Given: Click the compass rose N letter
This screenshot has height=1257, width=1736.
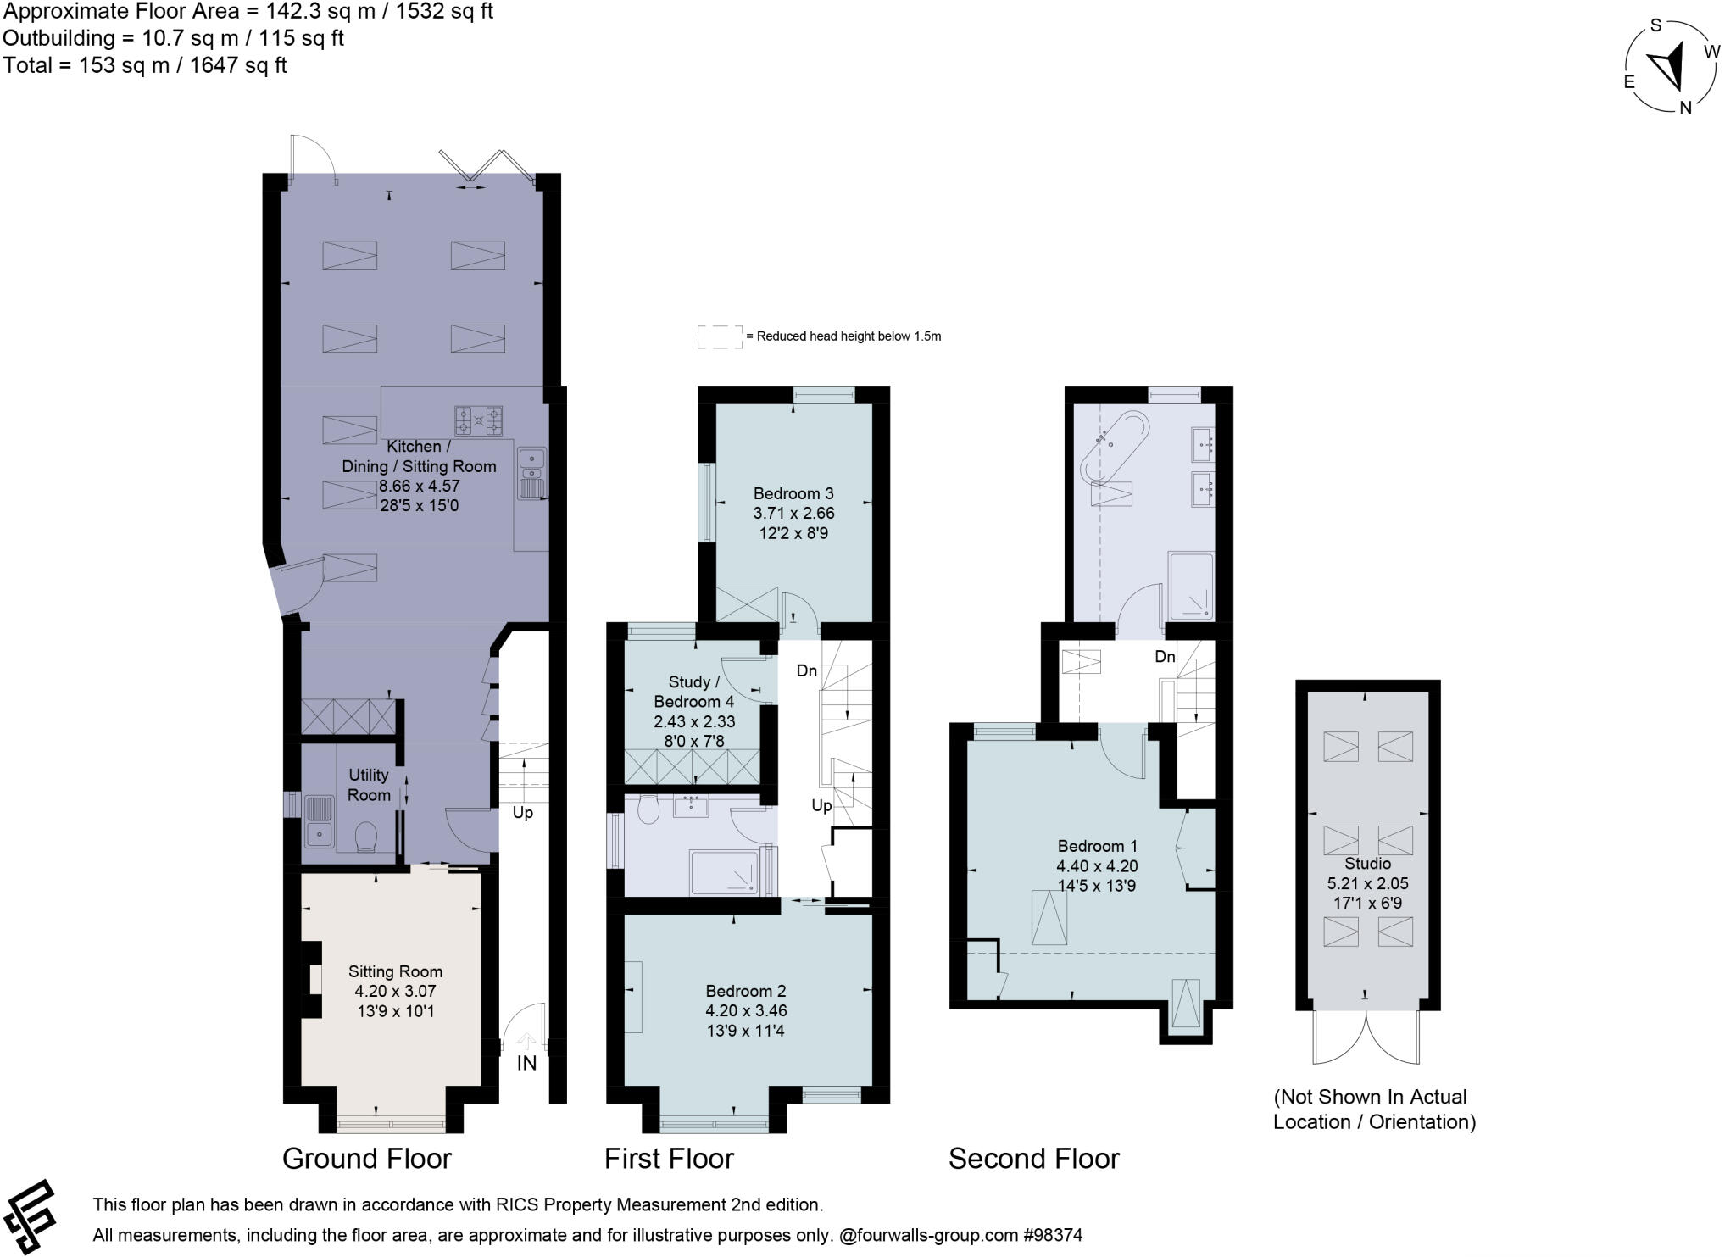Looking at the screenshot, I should pyautogui.click(x=1685, y=108).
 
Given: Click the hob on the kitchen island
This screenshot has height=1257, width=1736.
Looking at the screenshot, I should pyautogui.click(x=479, y=420).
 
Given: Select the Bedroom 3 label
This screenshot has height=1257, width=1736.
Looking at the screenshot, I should pyautogui.click(x=793, y=493).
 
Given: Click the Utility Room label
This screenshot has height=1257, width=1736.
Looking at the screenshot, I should pyautogui.click(x=369, y=785).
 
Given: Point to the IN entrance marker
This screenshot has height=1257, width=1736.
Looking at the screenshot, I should pyautogui.click(x=526, y=1063).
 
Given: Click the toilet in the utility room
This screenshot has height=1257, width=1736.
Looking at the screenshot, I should pyautogui.click(x=367, y=837).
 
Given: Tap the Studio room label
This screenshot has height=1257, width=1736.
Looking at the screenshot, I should pyautogui.click(x=1367, y=864).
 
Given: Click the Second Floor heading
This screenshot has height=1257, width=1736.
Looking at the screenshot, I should pyautogui.click(x=1033, y=1159).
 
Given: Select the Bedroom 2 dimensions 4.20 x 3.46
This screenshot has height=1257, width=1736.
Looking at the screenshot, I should pyautogui.click(x=746, y=1011).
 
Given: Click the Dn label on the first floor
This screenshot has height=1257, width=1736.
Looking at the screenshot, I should pyautogui.click(x=806, y=671).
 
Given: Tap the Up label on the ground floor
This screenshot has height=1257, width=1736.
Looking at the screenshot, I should pyautogui.click(x=522, y=813).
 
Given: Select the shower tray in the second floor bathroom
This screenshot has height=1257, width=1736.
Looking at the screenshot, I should pyautogui.click(x=1191, y=586).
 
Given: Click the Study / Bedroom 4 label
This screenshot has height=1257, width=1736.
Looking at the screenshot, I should pyautogui.click(x=693, y=692).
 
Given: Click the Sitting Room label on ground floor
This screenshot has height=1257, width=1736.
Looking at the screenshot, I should pyautogui.click(x=395, y=971).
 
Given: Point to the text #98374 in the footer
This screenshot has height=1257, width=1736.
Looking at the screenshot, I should pyautogui.click(x=1053, y=1235).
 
